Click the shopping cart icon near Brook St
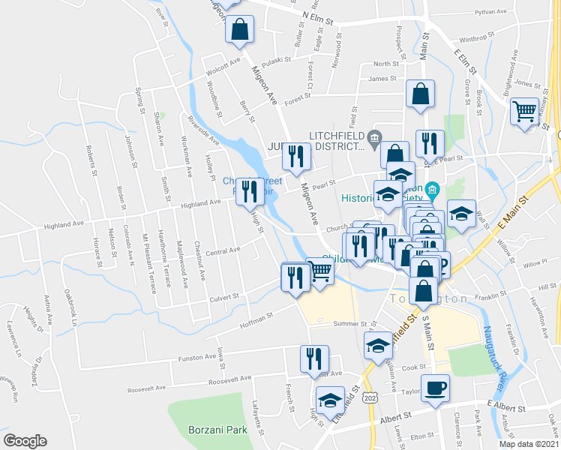(x=525, y=113)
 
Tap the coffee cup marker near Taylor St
(x=436, y=388)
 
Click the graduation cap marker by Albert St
(x=329, y=400)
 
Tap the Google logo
(x=25, y=441)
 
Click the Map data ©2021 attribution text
(x=527, y=444)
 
